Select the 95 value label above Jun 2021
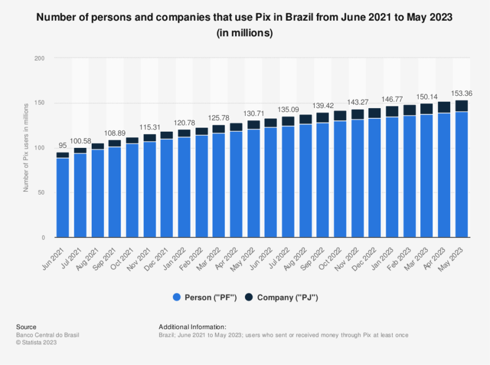coord(62,146)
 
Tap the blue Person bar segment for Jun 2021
coord(62,198)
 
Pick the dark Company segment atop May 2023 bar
coord(461,106)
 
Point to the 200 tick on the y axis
coord(39,58)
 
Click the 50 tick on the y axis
coord(41,193)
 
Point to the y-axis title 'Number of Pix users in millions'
coord(26,148)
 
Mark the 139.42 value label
coord(322,106)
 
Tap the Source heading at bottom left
coord(26,327)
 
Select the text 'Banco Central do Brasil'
coord(48,335)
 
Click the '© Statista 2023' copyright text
coord(36,342)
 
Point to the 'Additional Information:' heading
coord(192,327)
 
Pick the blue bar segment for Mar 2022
coord(218,185)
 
